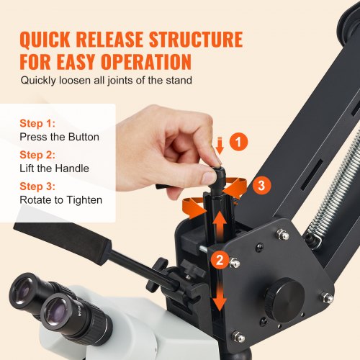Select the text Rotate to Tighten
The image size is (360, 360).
61,199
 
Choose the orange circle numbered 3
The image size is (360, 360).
261,185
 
